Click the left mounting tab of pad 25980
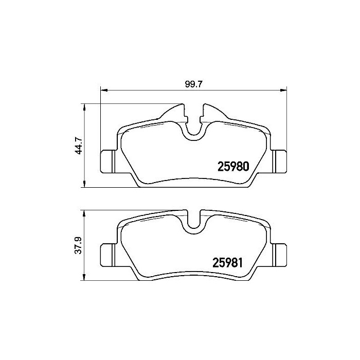pos(106,161)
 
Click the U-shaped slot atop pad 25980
pos(192,129)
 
